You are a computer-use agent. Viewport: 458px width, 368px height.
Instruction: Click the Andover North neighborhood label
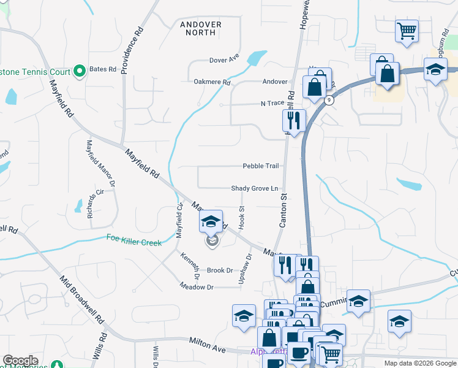tap(201, 28)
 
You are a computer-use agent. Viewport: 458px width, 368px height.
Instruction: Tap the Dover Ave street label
tap(224, 60)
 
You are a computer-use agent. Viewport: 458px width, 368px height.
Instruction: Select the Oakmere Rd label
tap(212, 82)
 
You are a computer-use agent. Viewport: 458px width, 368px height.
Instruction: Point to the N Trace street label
tap(273, 104)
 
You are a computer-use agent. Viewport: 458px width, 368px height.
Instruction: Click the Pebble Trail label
tap(261, 166)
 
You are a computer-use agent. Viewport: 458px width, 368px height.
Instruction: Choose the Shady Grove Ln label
tap(255, 188)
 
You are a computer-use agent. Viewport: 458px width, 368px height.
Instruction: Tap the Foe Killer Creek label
tap(134, 241)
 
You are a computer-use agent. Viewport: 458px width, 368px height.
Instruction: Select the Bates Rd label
tap(103, 69)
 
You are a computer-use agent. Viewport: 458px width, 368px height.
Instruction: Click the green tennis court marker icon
tap(80, 72)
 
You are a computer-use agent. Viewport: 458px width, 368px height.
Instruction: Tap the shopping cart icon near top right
tap(407, 30)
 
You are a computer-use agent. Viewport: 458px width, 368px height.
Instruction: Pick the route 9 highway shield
tap(329, 100)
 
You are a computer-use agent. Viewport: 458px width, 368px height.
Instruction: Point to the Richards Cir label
tap(91, 207)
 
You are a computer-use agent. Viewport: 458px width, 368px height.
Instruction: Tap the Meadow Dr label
tap(197, 287)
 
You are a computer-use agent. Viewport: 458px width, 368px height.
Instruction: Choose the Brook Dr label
tap(220, 270)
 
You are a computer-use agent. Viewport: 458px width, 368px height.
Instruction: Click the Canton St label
tap(283, 210)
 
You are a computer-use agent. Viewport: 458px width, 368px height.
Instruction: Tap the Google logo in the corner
tap(20, 361)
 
